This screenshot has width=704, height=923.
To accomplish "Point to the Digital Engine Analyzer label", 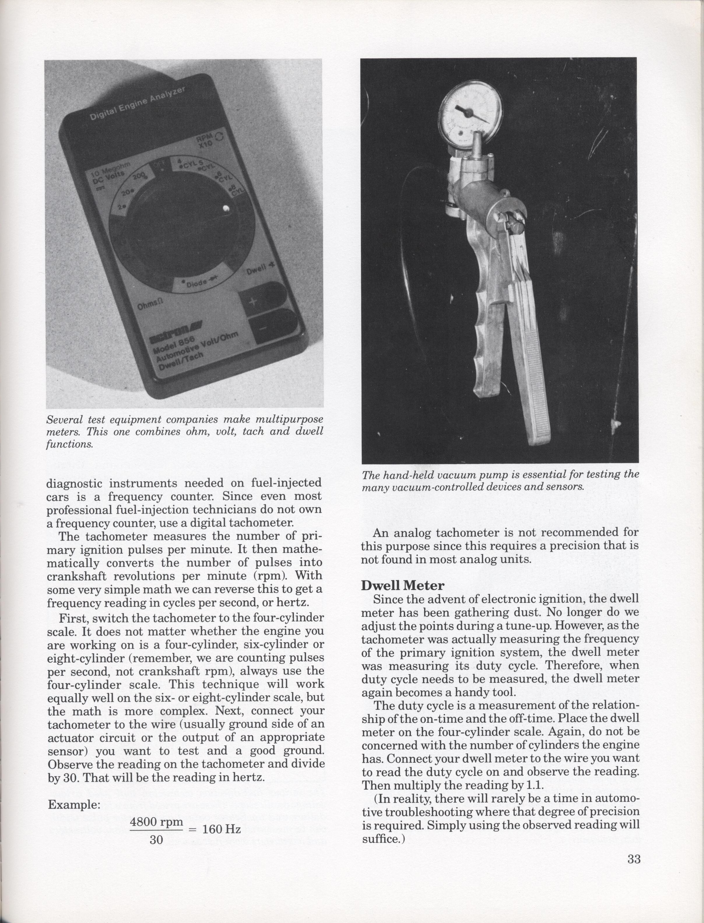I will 138,104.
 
